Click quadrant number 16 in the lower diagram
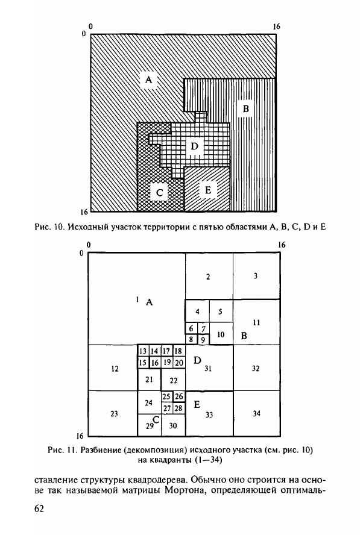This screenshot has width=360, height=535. point(156,362)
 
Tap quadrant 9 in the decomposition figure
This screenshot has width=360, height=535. point(203,339)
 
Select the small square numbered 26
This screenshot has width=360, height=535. point(179,396)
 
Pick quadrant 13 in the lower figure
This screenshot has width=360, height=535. point(143,351)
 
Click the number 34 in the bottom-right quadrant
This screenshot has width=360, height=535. point(256,413)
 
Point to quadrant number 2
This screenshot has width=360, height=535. point(209,277)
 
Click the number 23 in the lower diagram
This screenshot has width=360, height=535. point(114,413)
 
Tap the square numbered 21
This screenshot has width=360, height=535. point(150,380)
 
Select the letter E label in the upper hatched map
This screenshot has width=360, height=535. point(207,190)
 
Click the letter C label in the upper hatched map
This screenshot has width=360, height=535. point(160,193)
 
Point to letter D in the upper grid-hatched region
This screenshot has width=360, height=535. point(194,146)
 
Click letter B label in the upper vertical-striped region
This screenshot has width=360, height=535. point(245,109)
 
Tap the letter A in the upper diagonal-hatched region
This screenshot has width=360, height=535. point(148,80)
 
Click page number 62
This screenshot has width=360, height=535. point(39,508)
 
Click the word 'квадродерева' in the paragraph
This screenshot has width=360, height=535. point(157,480)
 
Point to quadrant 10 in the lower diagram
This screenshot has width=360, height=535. point(221,335)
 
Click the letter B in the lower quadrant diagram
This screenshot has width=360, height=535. point(244,336)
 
